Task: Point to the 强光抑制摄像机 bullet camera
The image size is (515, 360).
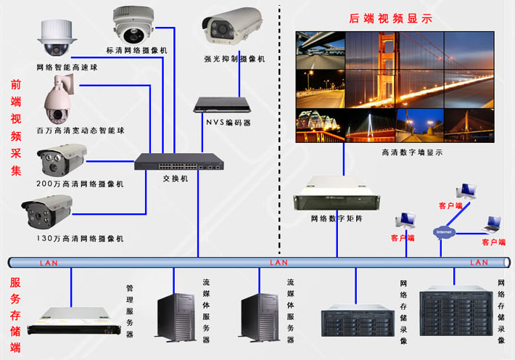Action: coord(231,26)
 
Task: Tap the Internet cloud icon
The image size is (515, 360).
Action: coord(444,232)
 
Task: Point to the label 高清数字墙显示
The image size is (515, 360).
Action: coord(411,152)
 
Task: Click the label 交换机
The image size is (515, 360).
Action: coord(176,178)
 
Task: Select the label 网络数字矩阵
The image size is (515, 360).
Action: coord(336,218)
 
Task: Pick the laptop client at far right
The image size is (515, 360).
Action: coord(495,224)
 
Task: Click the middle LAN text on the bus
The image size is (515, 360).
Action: coord(279,262)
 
